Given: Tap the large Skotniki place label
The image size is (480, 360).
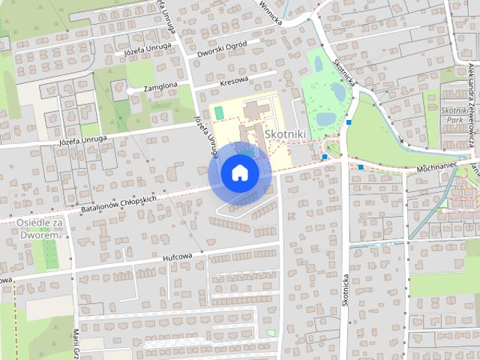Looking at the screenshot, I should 283,132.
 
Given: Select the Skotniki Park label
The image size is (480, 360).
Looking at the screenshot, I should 455,113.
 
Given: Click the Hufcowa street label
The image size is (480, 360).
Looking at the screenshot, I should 178,256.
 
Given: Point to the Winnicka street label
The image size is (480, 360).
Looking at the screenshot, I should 270,13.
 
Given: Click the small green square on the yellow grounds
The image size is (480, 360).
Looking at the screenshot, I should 218,112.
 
